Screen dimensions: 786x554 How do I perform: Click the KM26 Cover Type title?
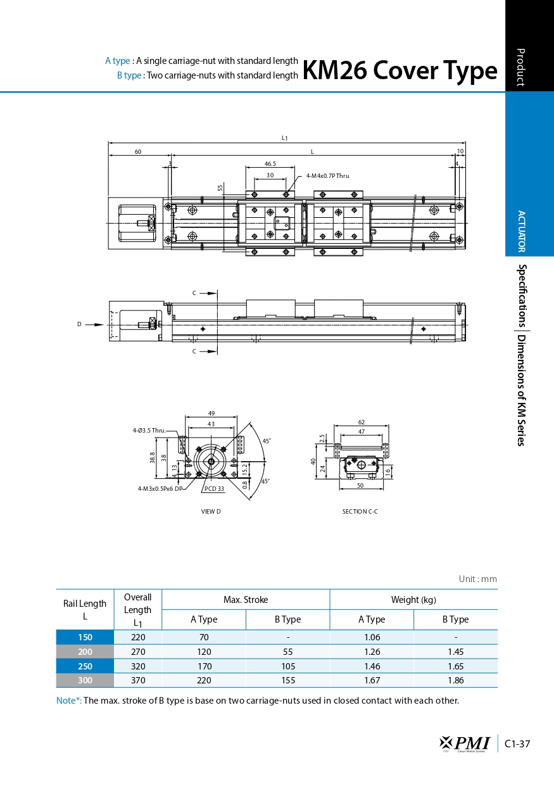[x=400, y=70]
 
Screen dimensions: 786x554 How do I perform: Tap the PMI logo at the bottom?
[x=465, y=744]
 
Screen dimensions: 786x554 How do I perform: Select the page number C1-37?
[x=517, y=744]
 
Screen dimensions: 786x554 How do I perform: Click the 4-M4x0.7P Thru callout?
[x=327, y=175]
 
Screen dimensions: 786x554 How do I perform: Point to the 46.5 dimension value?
[x=270, y=163]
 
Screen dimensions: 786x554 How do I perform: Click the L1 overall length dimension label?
[x=285, y=137]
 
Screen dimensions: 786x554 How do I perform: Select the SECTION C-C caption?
[x=360, y=511]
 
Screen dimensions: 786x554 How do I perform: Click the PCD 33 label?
[x=214, y=488]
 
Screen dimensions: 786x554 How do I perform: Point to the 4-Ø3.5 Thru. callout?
[x=149, y=431]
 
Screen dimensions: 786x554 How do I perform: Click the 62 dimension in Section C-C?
[x=361, y=422]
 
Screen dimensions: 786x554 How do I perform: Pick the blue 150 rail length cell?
[x=85, y=637]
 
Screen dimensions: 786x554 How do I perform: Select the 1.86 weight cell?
[x=455, y=680]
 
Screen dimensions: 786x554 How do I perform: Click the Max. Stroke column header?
[x=246, y=600]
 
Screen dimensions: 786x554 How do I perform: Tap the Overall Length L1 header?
[x=137, y=610]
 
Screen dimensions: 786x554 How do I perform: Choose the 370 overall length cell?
[x=137, y=680]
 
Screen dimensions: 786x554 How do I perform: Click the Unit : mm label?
[x=477, y=579]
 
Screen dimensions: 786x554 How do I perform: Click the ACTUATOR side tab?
[x=521, y=231]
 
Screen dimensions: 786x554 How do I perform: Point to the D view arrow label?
[x=80, y=324]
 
